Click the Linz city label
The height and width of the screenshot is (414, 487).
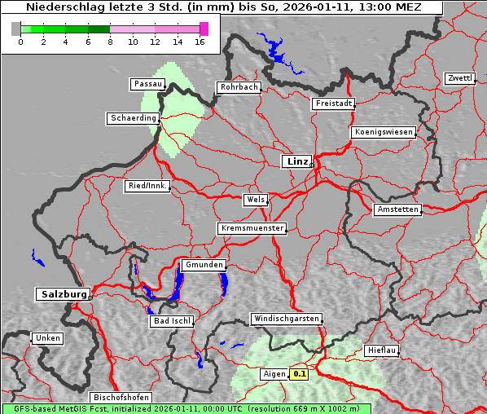[296, 161]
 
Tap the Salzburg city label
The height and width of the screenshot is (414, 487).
[63, 294]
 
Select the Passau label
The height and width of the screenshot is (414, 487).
[147, 84]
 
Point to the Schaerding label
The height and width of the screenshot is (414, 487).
[133, 118]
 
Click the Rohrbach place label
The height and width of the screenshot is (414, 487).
[238, 87]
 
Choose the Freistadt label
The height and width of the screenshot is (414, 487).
[333, 103]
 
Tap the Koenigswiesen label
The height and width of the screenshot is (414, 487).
[384, 132]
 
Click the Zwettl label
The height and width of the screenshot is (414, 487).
[459, 78]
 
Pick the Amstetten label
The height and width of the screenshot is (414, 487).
[397, 209]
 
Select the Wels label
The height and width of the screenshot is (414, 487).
[255, 200]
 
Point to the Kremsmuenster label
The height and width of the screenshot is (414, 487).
[252, 228]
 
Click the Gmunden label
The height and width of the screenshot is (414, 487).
[203, 265]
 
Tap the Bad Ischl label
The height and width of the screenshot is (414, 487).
[172, 321]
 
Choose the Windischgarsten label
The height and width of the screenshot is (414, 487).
[286, 319]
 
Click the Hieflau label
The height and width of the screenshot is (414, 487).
[381, 350]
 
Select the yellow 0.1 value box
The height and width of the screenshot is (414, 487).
[300, 374]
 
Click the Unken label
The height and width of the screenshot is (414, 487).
[46, 337]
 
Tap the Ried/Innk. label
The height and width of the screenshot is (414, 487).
[148, 186]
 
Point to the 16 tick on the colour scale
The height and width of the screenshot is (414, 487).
[200, 42]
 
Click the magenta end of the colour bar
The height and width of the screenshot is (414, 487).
[204, 29]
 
